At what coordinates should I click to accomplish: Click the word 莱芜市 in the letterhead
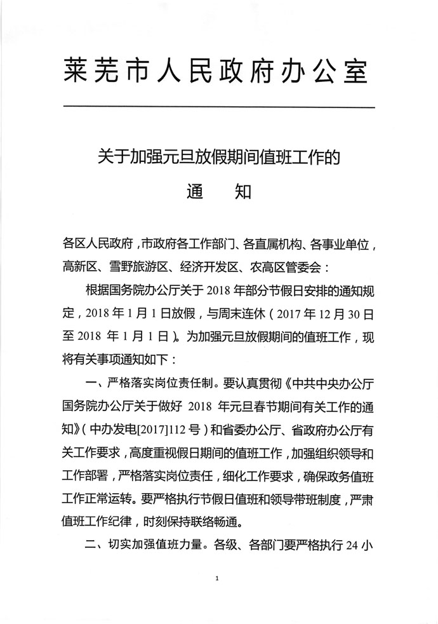pos(101,71)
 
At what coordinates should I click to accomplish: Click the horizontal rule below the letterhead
pos(219,105)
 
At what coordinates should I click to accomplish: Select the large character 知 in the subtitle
pos(243,191)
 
